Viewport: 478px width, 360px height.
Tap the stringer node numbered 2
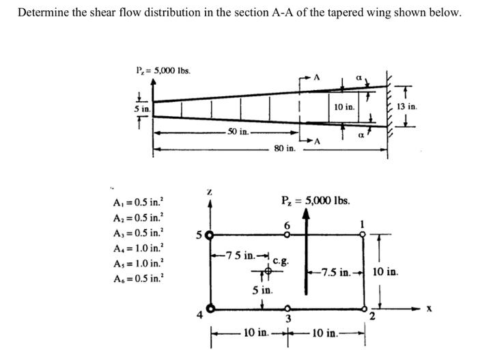click(x=364, y=308)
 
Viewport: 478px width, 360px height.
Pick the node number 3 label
click(x=287, y=319)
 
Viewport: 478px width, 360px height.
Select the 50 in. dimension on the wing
click(x=238, y=130)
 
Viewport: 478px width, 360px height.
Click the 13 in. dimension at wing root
click(x=409, y=107)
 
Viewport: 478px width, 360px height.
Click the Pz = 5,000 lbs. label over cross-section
click(x=315, y=201)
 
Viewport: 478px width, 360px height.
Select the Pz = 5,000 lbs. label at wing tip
click(x=163, y=69)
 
